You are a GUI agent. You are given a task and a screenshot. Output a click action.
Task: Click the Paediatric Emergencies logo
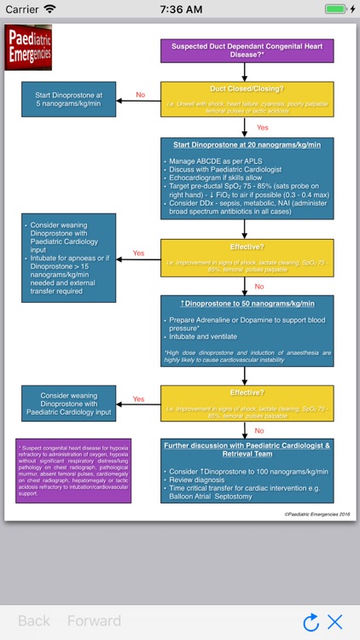click(x=28, y=48)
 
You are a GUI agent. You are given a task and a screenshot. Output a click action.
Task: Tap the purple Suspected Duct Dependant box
click(x=247, y=50)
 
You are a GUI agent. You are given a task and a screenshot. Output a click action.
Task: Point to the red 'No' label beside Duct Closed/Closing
click(x=140, y=96)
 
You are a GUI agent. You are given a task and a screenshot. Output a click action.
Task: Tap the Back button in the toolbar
click(x=34, y=621)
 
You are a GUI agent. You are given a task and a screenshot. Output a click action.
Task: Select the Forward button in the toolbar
click(x=94, y=621)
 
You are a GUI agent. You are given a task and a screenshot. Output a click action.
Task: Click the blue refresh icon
click(x=311, y=622)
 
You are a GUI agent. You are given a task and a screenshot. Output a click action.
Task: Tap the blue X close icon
click(x=335, y=622)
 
